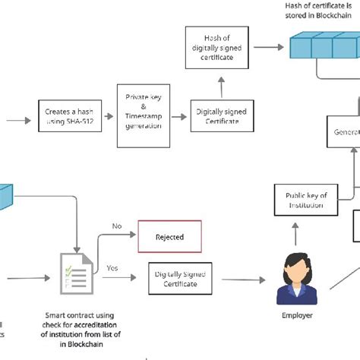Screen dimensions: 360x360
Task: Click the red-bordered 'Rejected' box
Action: click(x=169, y=237)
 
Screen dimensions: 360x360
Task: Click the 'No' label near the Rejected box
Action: click(x=116, y=226)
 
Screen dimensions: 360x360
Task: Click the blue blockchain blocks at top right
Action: click(x=323, y=47)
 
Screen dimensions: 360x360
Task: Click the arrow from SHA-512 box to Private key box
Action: click(x=106, y=118)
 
